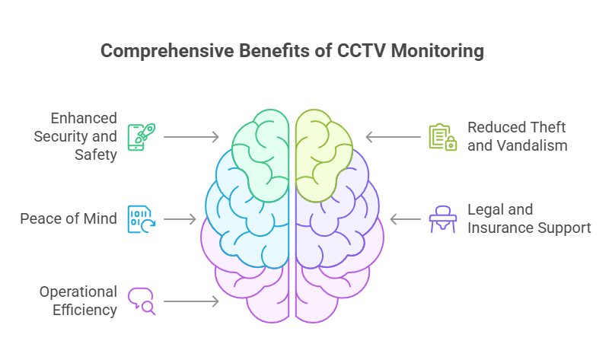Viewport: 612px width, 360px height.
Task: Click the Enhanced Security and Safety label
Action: (79, 136)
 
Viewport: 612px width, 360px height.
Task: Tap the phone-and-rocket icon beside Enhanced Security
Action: (138, 136)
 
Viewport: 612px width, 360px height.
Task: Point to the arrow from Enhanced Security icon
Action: (191, 137)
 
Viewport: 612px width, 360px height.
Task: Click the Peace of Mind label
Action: (69, 219)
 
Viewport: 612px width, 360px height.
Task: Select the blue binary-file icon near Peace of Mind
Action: (138, 219)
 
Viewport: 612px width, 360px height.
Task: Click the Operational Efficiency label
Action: (78, 301)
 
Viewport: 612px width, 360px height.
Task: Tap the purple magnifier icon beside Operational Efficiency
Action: (141, 301)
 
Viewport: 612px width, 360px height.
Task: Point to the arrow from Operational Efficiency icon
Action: (191, 301)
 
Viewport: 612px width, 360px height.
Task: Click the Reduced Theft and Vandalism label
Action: (517, 136)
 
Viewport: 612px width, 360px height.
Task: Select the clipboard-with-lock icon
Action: (441, 136)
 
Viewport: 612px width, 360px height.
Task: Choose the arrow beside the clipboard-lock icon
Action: (394, 137)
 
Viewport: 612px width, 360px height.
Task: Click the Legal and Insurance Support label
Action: (528, 218)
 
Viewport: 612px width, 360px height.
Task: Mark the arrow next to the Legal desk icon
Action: (406, 219)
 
